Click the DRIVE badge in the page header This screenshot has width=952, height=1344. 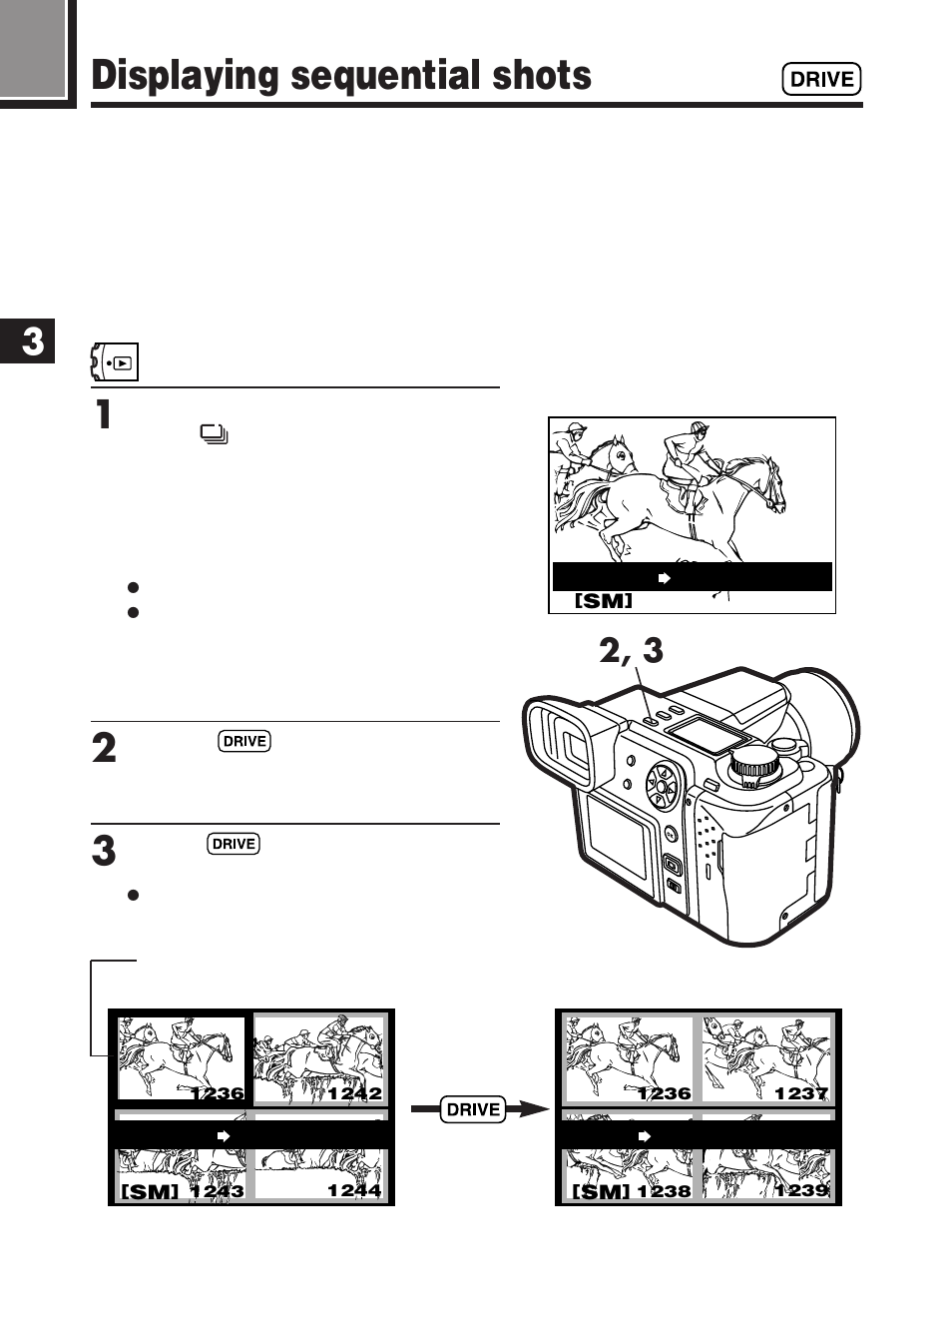(x=821, y=79)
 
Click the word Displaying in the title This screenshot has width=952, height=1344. (x=185, y=77)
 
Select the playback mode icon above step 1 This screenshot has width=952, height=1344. (x=116, y=362)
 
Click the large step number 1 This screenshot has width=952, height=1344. (x=103, y=414)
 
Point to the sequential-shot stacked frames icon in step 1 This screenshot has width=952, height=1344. (x=214, y=434)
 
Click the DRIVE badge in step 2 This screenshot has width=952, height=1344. (x=244, y=741)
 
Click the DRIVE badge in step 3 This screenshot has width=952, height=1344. (x=234, y=844)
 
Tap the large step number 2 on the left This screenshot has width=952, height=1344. (x=104, y=749)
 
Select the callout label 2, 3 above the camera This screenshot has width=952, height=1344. (x=631, y=651)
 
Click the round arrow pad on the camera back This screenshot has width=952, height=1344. (x=661, y=786)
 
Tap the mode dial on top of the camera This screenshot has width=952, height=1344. (x=755, y=767)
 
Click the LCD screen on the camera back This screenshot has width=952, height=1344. (x=616, y=835)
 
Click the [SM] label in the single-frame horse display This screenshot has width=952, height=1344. (x=603, y=601)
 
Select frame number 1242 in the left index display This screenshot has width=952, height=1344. (x=354, y=1093)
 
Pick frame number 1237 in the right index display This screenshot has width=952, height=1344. (x=801, y=1093)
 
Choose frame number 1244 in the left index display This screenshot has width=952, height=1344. (x=354, y=1190)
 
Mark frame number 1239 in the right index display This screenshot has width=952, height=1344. (x=801, y=1190)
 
